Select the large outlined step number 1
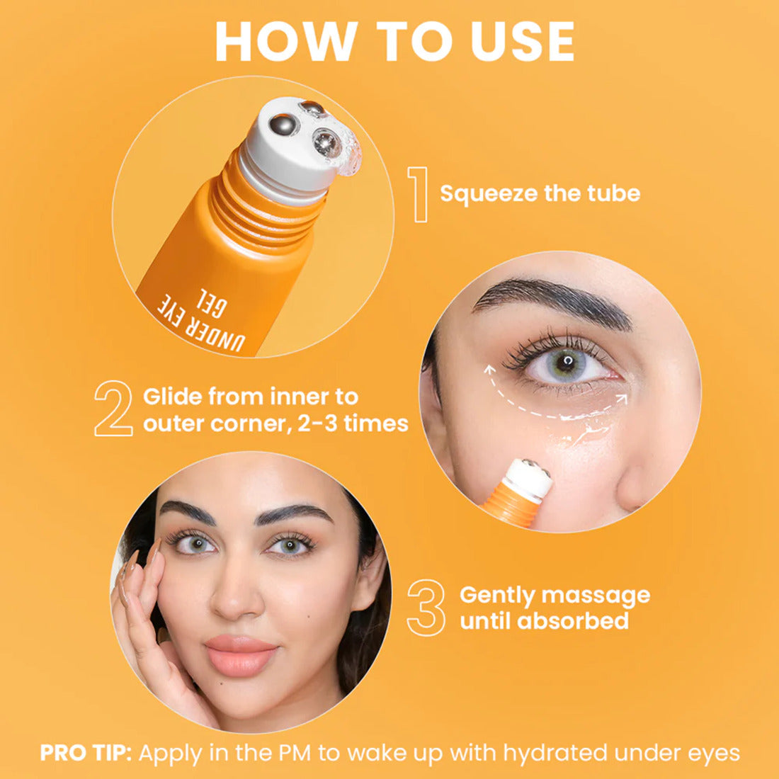pyautogui.click(x=419, y=194)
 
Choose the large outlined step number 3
pyautogui.click(x=426, y=608)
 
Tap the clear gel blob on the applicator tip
pyautogui.click(x=351, y=158)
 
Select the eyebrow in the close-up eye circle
pyautogui.click(x=552, y=297)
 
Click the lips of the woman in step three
pyautogui.click(x=240, y=654)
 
